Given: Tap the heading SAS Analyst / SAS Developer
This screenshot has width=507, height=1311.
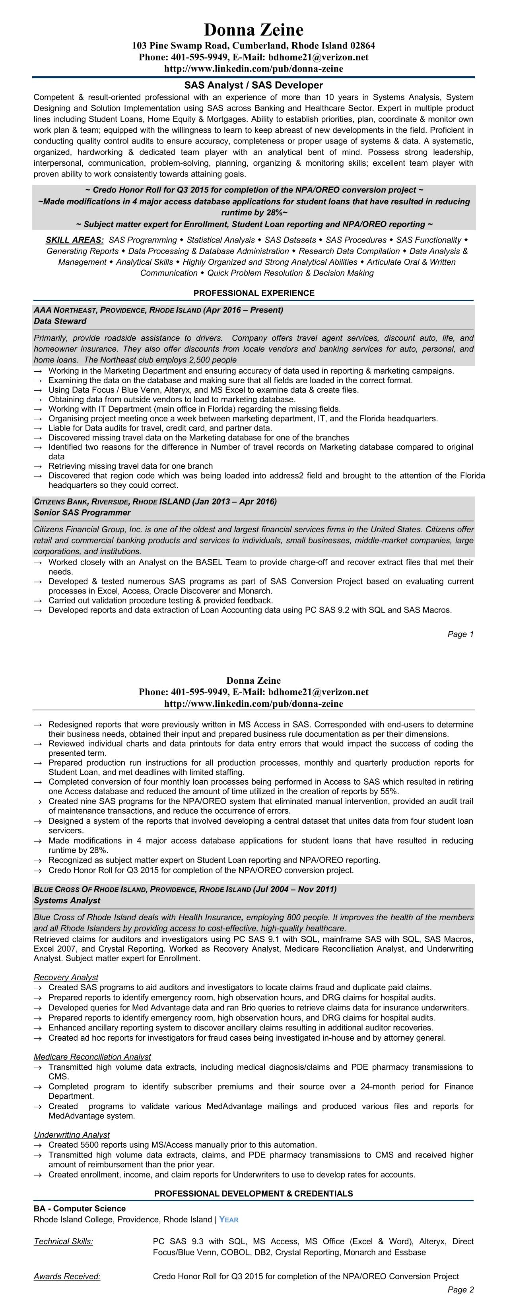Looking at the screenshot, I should click(254, 85).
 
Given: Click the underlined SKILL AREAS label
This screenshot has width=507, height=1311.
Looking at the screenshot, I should click(75, 240).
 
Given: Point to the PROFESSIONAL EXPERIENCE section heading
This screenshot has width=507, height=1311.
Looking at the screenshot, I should click(254, 293).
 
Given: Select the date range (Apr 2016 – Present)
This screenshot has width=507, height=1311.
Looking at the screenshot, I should click(243, 310).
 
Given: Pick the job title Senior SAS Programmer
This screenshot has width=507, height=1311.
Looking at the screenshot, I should click(82, 512).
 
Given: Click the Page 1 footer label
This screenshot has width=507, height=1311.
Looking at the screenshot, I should click(460, 634).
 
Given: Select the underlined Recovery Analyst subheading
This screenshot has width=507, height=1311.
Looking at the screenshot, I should click(66, 977).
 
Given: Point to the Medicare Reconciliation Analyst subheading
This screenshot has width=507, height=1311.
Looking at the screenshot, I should click(92, 1057).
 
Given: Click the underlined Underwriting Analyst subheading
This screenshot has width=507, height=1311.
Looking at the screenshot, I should click(71, 1135).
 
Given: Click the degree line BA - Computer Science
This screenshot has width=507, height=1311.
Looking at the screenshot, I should click(80, 1208).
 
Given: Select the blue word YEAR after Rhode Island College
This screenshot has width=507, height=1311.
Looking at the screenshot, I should click(229, 1220).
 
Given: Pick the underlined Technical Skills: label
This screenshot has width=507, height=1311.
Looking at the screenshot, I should click(63, 1241).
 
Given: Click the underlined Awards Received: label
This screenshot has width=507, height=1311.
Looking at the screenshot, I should click(67, 1276).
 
